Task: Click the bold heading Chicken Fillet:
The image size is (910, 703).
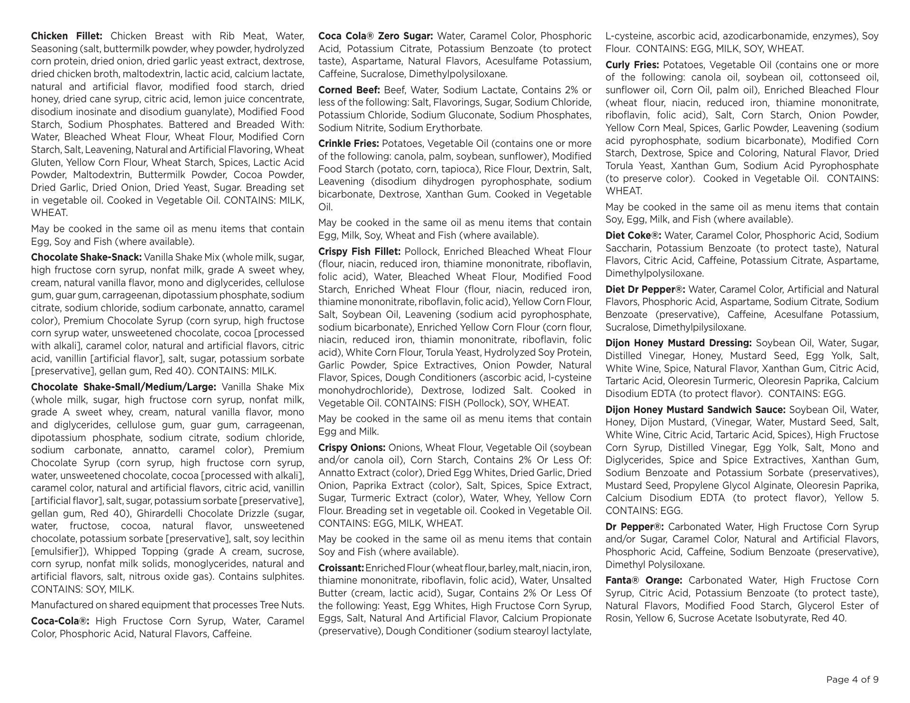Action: point(66,36)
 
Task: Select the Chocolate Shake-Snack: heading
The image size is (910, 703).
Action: point(86,257)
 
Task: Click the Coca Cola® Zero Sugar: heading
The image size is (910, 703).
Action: point(375,36)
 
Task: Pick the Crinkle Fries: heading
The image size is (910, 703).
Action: point(348,144)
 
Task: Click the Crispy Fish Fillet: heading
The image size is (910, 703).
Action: point(359,252)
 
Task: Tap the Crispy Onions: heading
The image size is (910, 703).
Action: point(352,448)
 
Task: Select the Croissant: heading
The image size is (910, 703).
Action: point(341,568)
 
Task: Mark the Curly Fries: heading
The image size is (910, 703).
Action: point(632,65)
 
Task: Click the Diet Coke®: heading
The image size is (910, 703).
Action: point(633,235)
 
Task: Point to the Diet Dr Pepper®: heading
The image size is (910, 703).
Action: point(645,289)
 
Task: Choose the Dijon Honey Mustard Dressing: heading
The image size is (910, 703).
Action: point(678,343)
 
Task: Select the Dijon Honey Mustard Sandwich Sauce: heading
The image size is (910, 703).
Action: point(695,410)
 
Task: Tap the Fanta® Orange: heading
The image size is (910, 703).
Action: point(644,580)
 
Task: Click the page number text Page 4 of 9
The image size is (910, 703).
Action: point(852,680)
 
